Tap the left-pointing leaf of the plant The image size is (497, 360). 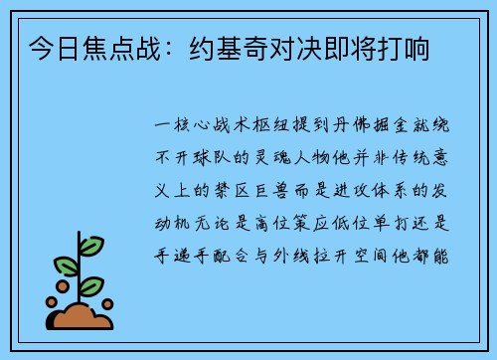coord(66,266)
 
